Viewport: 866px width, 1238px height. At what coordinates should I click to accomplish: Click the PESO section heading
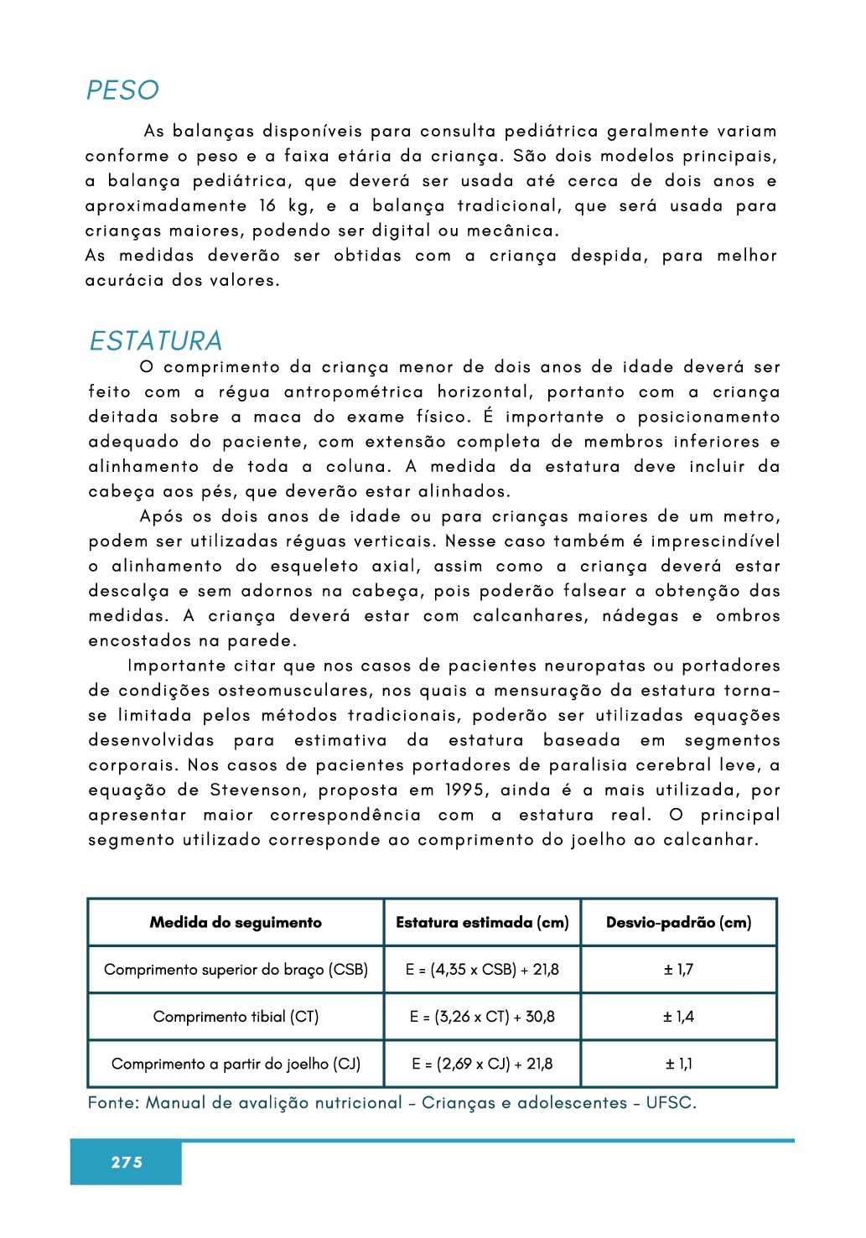pos(122,91)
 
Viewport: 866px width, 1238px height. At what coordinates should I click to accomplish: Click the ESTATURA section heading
pos(156,341)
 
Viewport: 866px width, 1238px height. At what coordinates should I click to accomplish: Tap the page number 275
pos(127,1162)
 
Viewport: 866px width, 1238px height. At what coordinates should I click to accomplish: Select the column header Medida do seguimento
pos(236,922)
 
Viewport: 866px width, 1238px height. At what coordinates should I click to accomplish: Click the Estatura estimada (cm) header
pos(482,922)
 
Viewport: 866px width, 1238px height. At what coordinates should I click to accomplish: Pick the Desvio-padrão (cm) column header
pos(678,922)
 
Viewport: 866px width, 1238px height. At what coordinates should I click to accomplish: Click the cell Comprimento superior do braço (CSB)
pos(236,970)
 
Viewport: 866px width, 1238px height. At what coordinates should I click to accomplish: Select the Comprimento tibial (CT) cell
pos(236,1017)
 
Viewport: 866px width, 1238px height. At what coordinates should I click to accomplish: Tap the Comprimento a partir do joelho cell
pos(236,1064)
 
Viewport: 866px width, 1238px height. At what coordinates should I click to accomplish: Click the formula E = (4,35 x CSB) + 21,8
pos(482,970)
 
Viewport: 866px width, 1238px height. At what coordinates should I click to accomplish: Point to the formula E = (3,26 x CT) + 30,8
pos(482,1017)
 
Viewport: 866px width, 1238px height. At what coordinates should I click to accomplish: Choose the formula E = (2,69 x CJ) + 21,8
pos(482,1064)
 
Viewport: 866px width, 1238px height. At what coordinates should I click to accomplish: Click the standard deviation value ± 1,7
pos(678,970)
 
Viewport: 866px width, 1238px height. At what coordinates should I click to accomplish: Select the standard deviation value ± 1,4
pos(678,1017)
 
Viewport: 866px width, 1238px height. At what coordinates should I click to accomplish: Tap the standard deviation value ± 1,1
pos(678,1064)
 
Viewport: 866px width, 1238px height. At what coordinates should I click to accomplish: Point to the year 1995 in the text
pos(464,790)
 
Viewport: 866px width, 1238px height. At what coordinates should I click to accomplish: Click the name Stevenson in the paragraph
pos(257,790)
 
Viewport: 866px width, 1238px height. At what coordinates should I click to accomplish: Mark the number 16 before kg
pos(267,206)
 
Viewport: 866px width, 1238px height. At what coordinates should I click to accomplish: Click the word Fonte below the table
pos(113,1103)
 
